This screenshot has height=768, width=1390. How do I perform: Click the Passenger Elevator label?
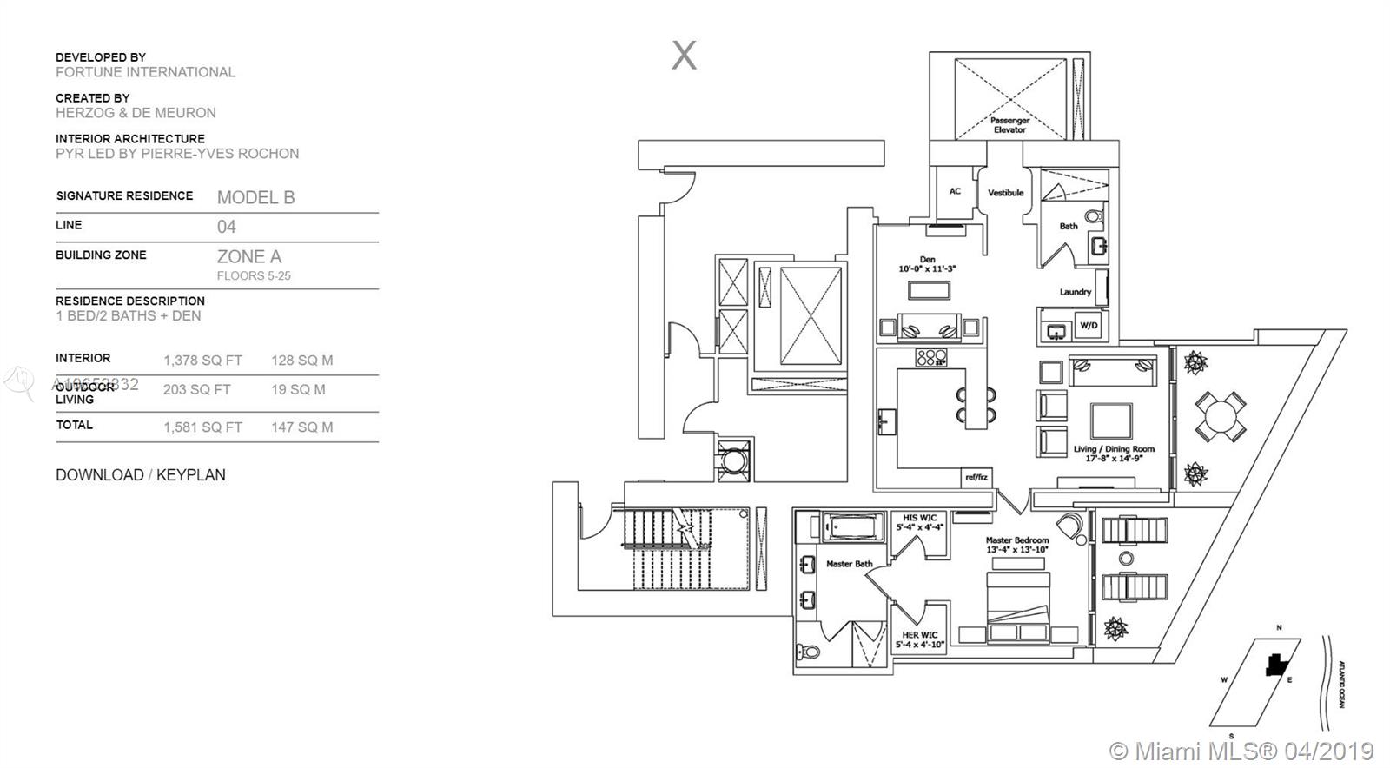1009,125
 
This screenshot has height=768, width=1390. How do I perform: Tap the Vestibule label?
1005,193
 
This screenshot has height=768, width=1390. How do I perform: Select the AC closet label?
955,191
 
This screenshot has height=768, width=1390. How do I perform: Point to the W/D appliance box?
1088,326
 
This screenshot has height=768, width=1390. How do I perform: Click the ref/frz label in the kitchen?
976,477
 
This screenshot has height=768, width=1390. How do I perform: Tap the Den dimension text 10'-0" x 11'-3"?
927,269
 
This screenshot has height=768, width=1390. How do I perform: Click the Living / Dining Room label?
1114,454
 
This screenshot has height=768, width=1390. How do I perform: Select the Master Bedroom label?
1017,545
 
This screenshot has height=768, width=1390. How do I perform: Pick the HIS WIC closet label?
919,522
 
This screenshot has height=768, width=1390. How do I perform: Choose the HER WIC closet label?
919,639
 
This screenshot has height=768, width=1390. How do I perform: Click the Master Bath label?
849,564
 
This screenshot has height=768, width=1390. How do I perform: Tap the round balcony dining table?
1220,416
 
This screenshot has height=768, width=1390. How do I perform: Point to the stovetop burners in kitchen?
931,358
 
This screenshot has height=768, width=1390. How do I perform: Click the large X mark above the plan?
684,56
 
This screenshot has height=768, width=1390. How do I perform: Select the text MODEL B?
255,197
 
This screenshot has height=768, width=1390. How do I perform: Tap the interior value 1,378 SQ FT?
202,361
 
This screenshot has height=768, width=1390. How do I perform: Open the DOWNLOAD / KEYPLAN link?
141,475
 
